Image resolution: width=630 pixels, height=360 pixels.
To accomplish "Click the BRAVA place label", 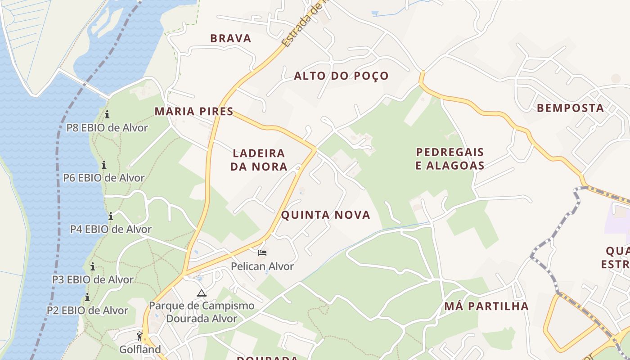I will click(231, 39).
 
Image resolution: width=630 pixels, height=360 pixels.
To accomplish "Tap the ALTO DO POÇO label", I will click(341, 76).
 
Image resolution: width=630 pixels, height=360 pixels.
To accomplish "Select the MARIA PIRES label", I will click(194, 112).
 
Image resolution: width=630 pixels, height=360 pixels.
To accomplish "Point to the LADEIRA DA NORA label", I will click(259, 160).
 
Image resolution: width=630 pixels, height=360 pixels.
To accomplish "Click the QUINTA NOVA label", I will click(326, 215).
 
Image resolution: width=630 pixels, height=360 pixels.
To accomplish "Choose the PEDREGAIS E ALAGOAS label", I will click(450, 159).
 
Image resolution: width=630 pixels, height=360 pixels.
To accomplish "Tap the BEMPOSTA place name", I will click(570, 108).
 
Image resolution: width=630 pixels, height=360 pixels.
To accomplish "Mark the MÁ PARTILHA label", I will click(486, 306).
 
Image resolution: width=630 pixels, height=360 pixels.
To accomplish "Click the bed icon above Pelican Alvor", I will click(262, 253).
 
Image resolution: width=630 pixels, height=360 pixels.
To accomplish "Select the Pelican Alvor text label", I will click(262, 266).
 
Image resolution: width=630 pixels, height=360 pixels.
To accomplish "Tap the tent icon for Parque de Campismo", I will click(202, 293).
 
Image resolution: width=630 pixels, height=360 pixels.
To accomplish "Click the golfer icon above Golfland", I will click(139, 336).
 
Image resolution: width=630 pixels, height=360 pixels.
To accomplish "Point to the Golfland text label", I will click(140, 349).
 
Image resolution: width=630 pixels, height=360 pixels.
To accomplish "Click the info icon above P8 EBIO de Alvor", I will click(107, 114).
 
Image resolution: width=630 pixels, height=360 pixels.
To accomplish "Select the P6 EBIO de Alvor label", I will click(104, 178).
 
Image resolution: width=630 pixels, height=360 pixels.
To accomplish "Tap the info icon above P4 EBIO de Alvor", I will click(111, 216).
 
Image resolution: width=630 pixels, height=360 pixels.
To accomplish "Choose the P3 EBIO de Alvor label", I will click(93, 279).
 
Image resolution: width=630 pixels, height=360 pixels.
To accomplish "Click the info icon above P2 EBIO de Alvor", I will click(87, 297).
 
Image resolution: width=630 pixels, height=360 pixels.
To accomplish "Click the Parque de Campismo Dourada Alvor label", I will click(202, 312).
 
